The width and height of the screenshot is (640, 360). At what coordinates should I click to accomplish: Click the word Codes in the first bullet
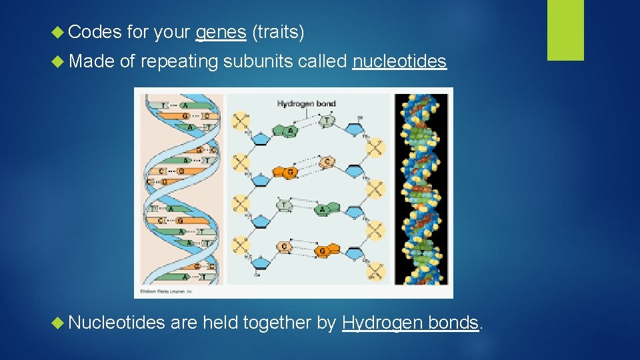95,31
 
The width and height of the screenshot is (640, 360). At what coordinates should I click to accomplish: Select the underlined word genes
221,31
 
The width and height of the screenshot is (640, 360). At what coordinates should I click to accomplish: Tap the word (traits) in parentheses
278,31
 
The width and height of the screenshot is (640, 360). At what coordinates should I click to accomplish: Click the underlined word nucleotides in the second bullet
399,62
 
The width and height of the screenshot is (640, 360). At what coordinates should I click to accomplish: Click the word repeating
179,62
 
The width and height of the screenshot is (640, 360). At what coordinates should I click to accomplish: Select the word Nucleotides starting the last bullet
116,323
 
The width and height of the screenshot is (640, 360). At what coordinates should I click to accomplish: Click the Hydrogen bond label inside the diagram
306,104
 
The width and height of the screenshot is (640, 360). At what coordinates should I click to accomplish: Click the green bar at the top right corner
565,30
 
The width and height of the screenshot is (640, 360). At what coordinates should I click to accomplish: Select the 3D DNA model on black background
421,189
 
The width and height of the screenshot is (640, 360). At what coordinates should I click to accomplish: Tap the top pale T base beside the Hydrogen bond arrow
327,121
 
